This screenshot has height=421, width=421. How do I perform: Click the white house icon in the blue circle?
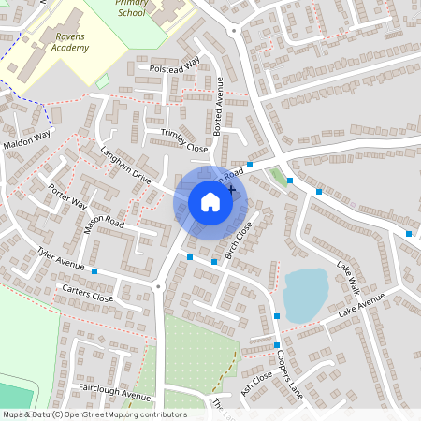pos(210,201)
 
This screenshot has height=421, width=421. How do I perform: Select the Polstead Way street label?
pos(169,66)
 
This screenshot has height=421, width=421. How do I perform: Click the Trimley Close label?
pos(183,141)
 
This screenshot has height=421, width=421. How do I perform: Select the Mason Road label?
pos(103,225)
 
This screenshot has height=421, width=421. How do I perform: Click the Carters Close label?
pos(86,294)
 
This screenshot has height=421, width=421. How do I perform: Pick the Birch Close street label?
pos(239,241)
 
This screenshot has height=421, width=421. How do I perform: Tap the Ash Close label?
pos(255,383)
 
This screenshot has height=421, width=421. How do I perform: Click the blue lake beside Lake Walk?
pos(304,295)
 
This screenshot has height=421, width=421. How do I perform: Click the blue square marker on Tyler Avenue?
pos(94,271)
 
